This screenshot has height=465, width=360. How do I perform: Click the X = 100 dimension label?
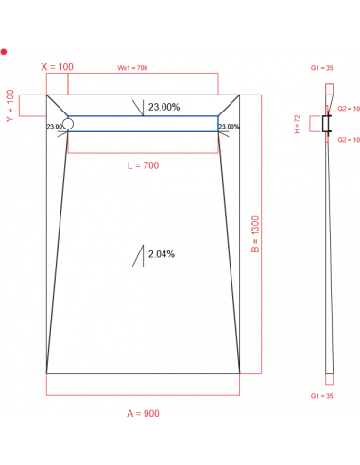tap(57, 66)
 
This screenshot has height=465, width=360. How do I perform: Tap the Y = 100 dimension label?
tap(10, 106)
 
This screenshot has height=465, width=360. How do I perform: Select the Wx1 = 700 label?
tap(132, 68)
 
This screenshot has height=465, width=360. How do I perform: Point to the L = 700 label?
tap(143, 166)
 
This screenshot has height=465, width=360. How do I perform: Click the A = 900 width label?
tap(143, 414)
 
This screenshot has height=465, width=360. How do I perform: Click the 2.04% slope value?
tap(160, 254)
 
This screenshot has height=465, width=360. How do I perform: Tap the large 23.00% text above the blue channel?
tap(164, 107)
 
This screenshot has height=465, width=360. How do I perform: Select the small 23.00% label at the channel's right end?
tap(229, 126)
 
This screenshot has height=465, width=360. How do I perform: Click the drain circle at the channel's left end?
tap(67, 123)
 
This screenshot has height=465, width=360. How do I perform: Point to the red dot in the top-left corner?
tap(5, 51)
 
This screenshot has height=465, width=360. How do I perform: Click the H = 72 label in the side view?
tap(298, 123)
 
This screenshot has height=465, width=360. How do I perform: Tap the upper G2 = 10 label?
tap(350, 110)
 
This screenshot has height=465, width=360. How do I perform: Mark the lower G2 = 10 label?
tap(350, 139)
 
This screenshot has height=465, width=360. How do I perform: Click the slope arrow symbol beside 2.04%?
tap(138, 256)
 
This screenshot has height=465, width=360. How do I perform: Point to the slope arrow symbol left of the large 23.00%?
tap(138, 107)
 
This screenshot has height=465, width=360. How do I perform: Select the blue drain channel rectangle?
tap(143, 123)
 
